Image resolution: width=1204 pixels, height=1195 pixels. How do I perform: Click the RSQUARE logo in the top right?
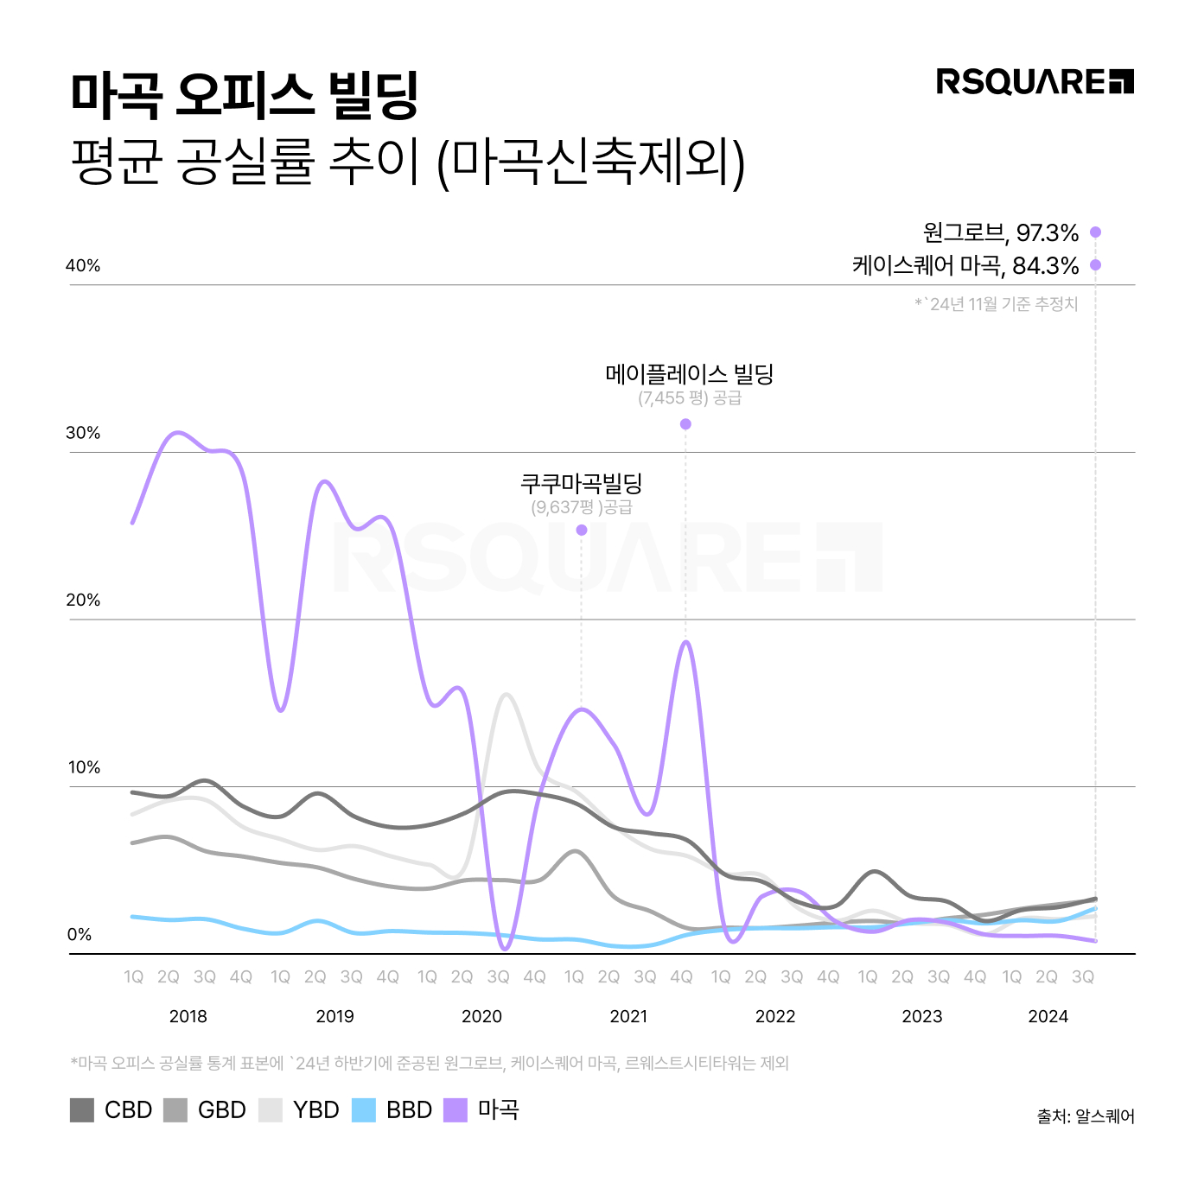(1035, 82)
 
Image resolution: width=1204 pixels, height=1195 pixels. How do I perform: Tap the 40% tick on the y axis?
(83, 266)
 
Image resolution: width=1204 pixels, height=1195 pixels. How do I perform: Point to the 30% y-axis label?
(83, 433)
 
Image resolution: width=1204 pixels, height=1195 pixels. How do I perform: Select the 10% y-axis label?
(83, 767)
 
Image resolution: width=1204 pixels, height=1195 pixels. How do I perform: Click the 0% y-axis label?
(80, 934)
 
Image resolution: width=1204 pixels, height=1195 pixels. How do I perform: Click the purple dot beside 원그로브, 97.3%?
(1095, 232)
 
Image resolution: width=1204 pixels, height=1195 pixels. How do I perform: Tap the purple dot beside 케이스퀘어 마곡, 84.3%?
(1095, 264)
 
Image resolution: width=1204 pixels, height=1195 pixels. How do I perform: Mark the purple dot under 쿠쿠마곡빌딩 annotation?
(582, 530)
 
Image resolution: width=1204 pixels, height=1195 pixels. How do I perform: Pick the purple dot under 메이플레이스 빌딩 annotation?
(685, 424)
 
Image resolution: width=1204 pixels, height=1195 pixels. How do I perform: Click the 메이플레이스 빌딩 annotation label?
(689, 374)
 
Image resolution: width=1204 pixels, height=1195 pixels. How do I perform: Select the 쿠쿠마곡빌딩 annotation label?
(581, 483)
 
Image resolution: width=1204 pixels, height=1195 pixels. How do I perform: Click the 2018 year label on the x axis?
(188, 1016)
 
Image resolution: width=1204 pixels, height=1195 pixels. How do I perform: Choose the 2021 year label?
(628, 1016)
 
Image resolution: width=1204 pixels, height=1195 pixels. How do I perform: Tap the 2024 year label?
(1048, 1016)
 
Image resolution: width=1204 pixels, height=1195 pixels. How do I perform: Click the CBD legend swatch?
(82, 1110)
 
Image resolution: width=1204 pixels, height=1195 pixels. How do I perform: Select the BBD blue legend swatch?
(364, 1110)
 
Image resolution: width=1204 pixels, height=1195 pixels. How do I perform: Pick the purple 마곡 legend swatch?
(455, 1110)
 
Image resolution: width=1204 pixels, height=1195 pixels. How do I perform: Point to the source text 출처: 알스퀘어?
(1086, 1116)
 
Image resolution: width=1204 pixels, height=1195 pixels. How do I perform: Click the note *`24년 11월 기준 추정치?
(996, 304)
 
